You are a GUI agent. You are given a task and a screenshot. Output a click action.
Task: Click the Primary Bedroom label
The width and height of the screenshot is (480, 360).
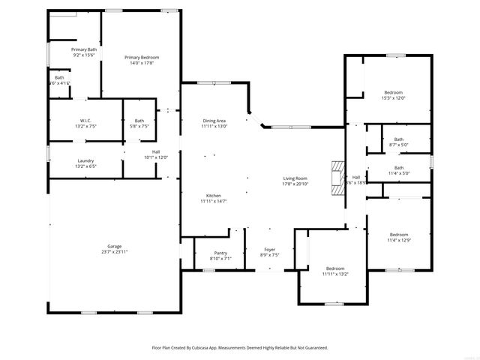[x=142, y=58]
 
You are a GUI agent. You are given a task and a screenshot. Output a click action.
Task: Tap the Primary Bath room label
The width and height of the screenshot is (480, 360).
[x=85, y=49]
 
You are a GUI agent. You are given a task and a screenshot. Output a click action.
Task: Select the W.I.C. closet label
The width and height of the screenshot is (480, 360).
[x=85, y=121]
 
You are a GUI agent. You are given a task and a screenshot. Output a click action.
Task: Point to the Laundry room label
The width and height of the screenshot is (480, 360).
[x=85, y=160]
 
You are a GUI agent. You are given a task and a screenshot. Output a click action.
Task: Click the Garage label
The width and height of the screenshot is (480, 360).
[x=114, y=246]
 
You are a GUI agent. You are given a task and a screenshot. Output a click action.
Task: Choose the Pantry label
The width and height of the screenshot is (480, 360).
[x=220, y=253]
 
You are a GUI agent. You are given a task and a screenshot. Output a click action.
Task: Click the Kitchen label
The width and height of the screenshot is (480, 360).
[x=214, y=196]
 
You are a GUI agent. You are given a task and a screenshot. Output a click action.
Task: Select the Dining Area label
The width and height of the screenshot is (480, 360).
[x=214, y=121]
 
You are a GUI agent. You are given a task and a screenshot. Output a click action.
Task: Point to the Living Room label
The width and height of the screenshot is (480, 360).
[x=295, y=178]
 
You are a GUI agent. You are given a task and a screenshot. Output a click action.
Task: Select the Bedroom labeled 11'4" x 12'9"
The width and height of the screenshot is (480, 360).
[x=398, y=234]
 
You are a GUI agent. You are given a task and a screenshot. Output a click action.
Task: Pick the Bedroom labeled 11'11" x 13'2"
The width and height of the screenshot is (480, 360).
[x=334, y=268]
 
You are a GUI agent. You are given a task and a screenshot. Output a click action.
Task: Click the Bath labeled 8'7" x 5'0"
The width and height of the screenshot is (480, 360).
[x=399, y=139]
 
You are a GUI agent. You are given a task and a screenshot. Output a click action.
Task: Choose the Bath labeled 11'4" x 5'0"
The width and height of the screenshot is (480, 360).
[x=399, y=167]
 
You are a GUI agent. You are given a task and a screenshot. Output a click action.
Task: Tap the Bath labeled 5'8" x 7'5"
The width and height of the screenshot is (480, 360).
[x=139, y=121]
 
